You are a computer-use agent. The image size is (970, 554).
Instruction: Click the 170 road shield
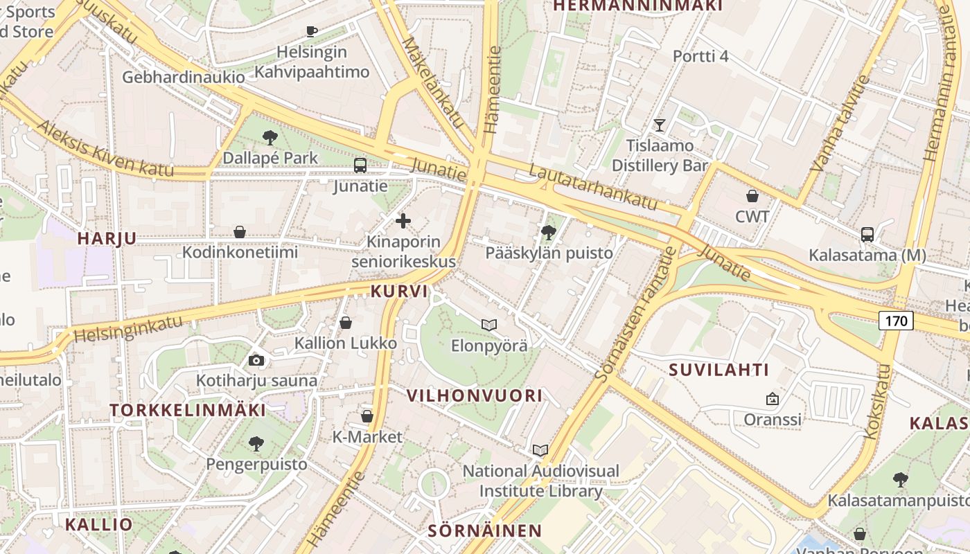pos(896,321)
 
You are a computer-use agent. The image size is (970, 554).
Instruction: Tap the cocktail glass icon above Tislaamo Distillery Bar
pos(660,125)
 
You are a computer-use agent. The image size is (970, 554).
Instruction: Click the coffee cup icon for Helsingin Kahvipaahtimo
pos(312,31)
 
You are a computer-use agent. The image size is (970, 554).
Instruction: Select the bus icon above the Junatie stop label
pos(360,166)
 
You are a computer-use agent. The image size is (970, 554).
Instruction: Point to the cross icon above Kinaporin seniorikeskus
pos(403,222)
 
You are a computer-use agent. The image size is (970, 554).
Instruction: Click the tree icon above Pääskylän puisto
pos(549,232)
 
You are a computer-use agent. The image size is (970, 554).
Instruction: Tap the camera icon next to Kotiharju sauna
pos(256,360)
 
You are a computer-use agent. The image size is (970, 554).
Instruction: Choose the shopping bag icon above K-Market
pos(367,416)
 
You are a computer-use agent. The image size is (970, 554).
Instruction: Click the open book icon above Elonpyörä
pos(489,325)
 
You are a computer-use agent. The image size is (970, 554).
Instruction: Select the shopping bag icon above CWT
pos(752,196)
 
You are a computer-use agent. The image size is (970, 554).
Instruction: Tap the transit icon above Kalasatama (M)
pos(867,235)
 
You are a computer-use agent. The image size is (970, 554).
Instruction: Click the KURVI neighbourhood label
pos(399,292)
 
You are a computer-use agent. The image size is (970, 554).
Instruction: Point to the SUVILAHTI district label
pos(719,370)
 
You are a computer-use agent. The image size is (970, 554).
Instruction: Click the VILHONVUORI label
pos(475,395)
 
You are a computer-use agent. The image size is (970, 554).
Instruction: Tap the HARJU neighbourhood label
pos(107,238)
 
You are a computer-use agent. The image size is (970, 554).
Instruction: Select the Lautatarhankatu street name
pos(592,188)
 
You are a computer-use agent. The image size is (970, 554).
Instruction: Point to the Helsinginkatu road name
pos(128,328)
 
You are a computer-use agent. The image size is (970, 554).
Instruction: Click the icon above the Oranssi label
pos(773,399)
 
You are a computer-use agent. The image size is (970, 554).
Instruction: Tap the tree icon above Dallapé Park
pos(270,138)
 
